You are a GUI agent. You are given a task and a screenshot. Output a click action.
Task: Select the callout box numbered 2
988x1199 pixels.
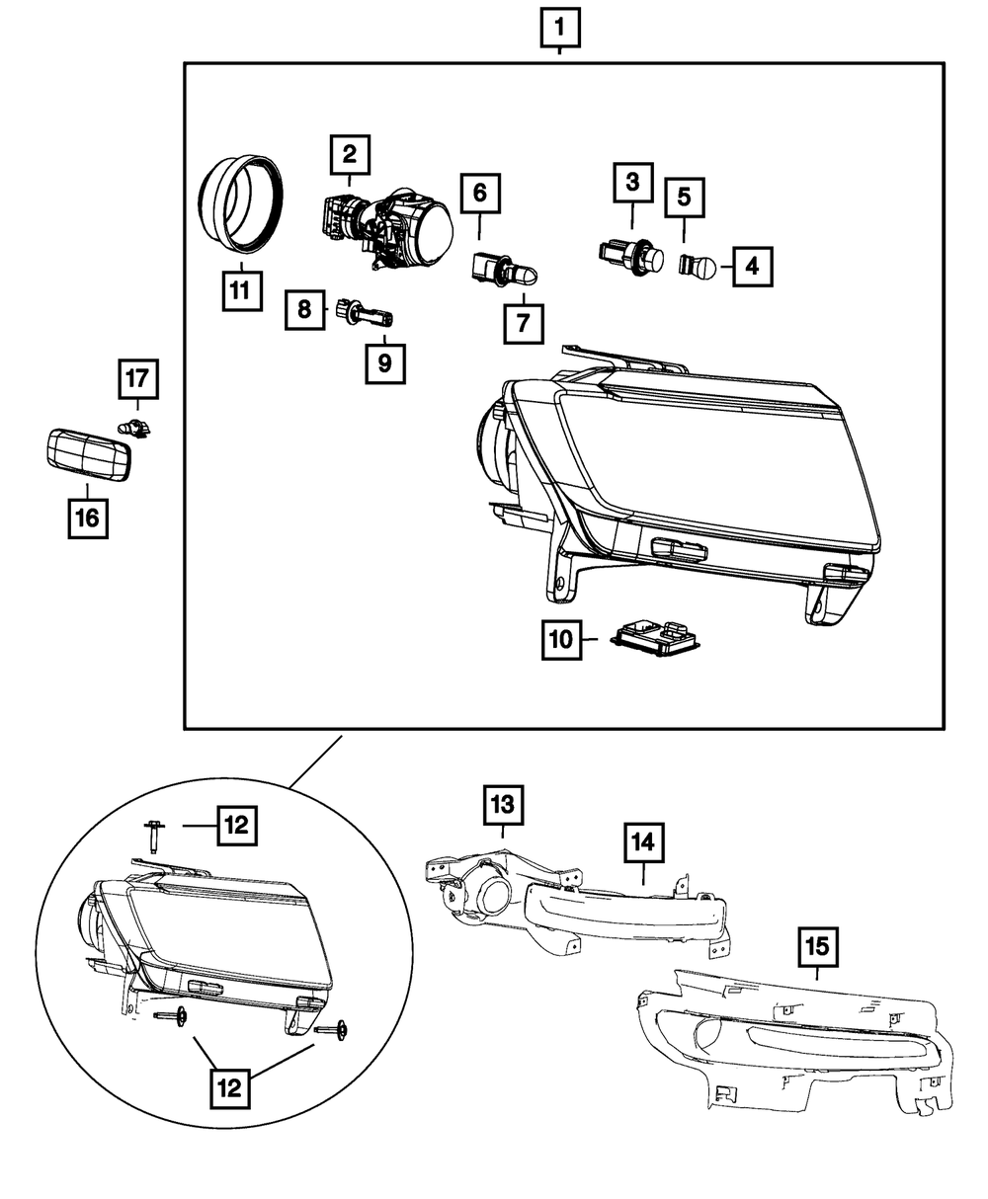tap(349, 154)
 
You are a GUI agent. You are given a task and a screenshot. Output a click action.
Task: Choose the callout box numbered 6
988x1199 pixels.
tap(479, 194)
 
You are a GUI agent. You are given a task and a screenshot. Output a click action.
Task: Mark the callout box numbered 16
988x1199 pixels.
tap(88, 519)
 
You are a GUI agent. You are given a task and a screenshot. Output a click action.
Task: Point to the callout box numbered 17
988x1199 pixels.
tap(138, 378)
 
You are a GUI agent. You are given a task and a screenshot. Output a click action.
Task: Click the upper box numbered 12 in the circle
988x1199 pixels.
tap(235, 824)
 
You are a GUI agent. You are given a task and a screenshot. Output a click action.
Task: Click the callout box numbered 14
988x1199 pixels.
tap(644, 843)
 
